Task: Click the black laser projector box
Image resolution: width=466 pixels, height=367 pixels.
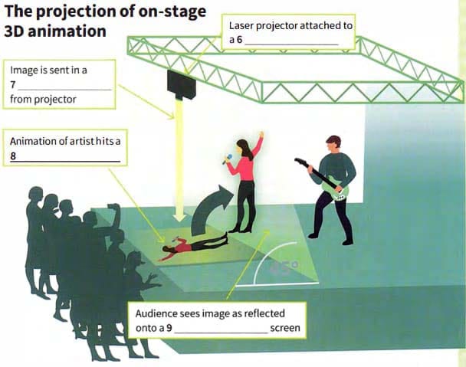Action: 181,84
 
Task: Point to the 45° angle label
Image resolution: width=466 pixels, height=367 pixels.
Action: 285,268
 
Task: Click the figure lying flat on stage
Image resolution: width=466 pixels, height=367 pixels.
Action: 195,245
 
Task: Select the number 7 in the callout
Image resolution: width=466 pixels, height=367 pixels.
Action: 13,84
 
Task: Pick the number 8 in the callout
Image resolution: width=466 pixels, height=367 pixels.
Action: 13,156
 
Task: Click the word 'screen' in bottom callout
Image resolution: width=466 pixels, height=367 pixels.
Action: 284,329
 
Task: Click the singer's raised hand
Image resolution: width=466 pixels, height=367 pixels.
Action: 261,136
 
